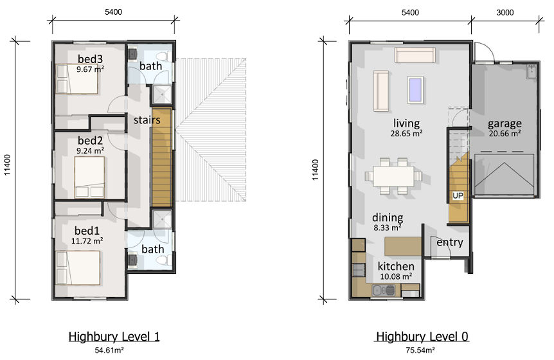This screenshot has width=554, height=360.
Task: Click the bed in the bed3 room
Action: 76,79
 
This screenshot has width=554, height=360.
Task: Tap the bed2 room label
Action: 90,141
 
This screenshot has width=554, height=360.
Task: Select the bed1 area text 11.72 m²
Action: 87,241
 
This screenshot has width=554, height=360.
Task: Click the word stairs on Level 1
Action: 147,120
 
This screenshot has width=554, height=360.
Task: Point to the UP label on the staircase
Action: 458,195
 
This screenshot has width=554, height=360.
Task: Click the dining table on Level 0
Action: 393,176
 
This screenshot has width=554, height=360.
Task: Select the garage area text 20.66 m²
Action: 505,134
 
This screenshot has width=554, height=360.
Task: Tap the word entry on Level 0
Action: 450,242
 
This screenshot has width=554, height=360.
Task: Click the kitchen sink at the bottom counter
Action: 383,291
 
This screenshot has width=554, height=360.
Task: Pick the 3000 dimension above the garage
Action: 505,13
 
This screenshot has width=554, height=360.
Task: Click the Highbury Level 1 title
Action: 114,336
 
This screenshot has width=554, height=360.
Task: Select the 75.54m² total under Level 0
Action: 420,350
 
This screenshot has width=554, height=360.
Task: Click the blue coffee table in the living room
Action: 415,90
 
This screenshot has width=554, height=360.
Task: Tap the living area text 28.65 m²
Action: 406,134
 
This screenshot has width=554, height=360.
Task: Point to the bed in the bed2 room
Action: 89,177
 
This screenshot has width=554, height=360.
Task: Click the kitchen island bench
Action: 403,246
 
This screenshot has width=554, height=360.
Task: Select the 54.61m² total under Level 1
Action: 109,350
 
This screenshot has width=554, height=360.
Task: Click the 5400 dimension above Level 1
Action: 113,12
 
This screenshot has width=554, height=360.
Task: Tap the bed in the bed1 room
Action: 78,267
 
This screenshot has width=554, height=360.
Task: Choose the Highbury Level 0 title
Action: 422,336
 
